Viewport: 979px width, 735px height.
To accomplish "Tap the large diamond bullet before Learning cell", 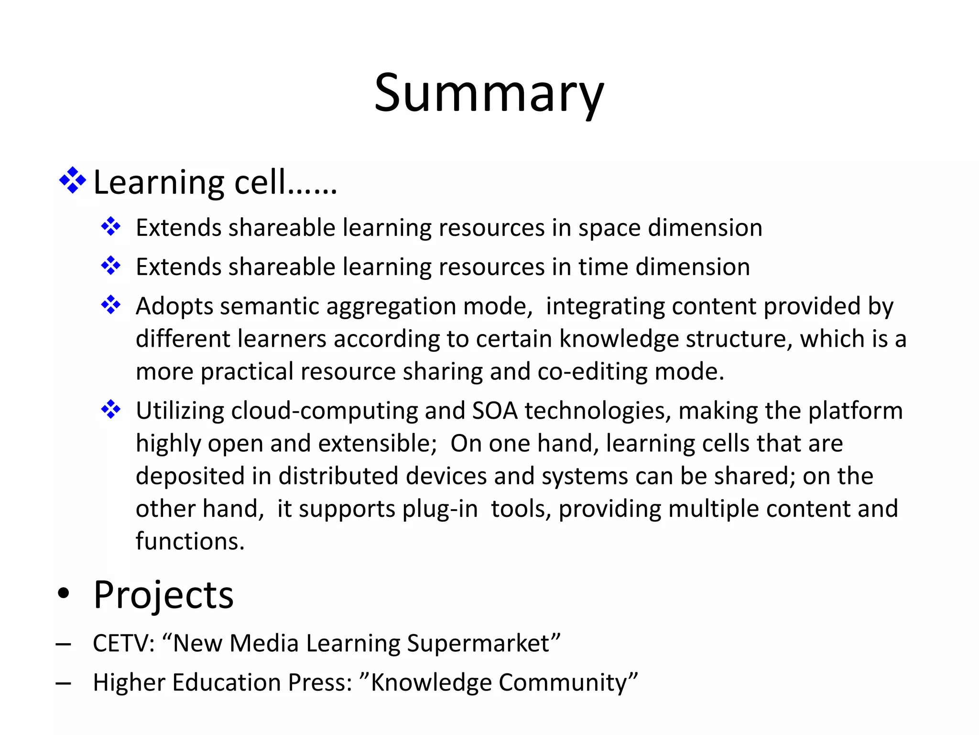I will click(x=72, y=180).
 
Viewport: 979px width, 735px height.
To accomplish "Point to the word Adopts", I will click(x=174, y=306).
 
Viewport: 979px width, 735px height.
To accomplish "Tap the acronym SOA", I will click(x=495, y=411).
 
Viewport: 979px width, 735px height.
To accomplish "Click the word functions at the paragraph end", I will click(x=190, y=542).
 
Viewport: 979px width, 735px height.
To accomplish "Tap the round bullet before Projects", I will click(x=63, y=594).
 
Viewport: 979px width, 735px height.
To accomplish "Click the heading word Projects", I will click(x=163, y=595).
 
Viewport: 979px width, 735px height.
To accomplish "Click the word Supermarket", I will click(x=483, y=643).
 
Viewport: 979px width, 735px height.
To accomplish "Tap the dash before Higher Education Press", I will click(x=63, y=683).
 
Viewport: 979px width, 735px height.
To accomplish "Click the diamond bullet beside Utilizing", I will click(x=111, y=410).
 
